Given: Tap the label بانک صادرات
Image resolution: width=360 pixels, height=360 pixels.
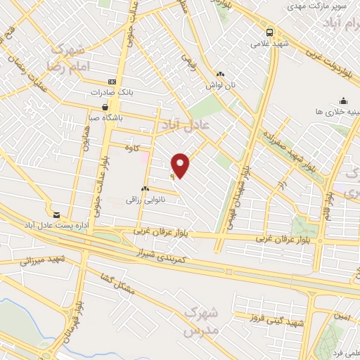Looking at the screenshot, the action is click(111, 92).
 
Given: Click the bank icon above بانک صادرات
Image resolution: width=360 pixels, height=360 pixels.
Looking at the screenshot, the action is click(111, 82).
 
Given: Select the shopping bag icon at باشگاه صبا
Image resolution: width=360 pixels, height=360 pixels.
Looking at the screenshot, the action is click(105, 107).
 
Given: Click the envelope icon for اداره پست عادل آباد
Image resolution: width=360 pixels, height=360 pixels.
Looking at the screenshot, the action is click(57, 213).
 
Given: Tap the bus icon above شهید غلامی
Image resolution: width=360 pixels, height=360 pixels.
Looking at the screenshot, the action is click(271, 32).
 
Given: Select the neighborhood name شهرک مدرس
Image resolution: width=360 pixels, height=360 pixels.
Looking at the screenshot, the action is click(203, 319).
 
